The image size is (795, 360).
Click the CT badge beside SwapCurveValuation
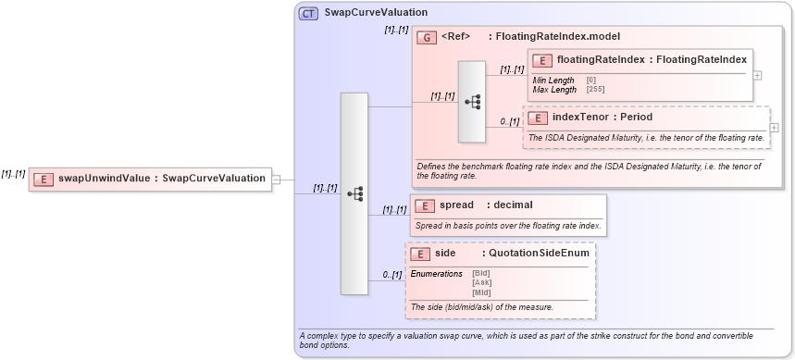coord(308,13)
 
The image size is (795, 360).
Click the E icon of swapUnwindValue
coord(43,179)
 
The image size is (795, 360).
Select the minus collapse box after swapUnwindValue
coord(275,179)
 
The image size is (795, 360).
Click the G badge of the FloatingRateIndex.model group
coord(427,37)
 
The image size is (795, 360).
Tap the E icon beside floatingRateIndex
coord(542,61)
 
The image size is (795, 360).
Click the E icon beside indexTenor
coord(537,118)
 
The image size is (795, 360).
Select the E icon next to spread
coord(423,205)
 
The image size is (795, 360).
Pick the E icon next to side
coord(419,253)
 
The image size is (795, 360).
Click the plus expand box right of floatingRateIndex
coord(758,75)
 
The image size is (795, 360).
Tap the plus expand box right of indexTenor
coord(774,128)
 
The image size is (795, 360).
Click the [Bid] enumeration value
coord(481,274)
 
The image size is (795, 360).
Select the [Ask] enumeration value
coord(481,283)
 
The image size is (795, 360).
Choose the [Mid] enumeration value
coord(481,292)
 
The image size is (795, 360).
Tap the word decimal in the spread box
coord(513,205)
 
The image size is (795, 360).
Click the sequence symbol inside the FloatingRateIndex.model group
coord(472,102)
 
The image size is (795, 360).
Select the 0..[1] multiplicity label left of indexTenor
coord(509,121)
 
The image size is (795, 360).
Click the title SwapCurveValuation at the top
coord(376,13)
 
